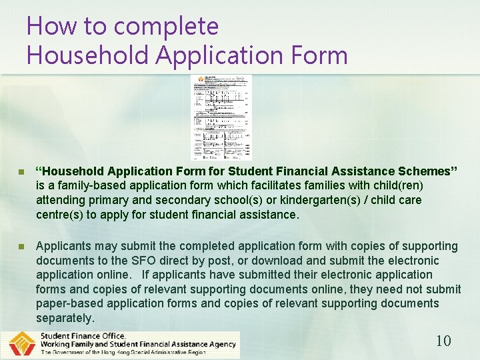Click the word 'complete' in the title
pos(166,27)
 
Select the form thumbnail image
pos(221,117)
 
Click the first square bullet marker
pos(22,171)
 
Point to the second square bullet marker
pos(22,246)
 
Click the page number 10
pos(443,341)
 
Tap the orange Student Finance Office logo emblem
pos(22,345)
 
